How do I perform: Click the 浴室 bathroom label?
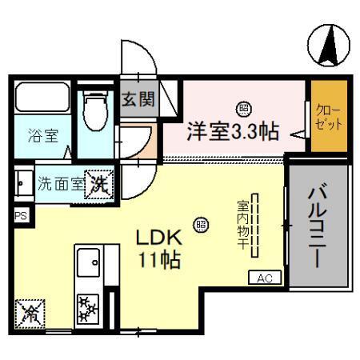coord(44,135)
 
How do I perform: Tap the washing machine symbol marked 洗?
coord(100,182)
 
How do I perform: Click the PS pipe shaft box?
coord(21,215)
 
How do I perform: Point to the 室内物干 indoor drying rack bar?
coord(255,226)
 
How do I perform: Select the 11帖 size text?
coord(159,261)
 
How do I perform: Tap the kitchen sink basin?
coord(87,261)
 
